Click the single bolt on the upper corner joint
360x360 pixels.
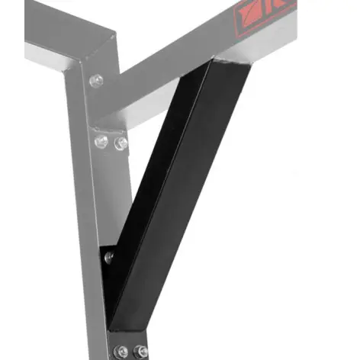coord(96,80)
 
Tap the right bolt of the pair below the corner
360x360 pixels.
coord(121,143)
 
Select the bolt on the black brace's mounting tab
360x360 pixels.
coord(109,257)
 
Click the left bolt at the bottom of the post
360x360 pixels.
coord(122,351)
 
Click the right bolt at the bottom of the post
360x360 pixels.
coord(141,351)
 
